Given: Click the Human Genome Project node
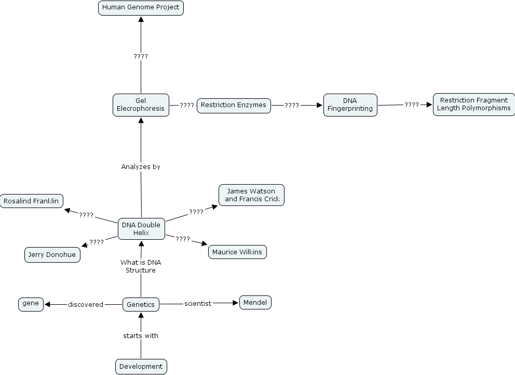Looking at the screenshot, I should pos(141,8).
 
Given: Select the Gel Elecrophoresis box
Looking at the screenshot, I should pos(141,105).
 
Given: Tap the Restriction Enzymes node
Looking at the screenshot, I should pos(233,105).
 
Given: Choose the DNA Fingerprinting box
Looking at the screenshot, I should pos(350,105).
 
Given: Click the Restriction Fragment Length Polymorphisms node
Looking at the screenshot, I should pos(473,104).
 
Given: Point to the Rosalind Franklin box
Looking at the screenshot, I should pos(31,201).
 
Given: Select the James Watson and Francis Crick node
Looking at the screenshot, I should pos(252,195).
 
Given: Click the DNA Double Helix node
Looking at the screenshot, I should pos(141,229).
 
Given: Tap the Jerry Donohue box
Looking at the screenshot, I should pos(52,255).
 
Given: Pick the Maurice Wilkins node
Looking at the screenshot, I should pos(238,252).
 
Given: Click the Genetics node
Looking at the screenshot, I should pos(141,304).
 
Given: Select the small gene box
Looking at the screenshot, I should pos(31,304).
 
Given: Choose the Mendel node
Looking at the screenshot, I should pos(255,302).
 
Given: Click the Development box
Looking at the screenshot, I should pos(141,366).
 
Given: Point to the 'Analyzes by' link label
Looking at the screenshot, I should pos(141,167).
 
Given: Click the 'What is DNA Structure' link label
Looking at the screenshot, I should pos(141,266).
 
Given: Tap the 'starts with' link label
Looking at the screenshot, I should pos(141,336).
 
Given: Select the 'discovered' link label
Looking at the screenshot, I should pos(86,304).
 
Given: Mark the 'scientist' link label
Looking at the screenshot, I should pos(198,304).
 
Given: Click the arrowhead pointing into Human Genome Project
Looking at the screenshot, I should pos(141,19).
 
